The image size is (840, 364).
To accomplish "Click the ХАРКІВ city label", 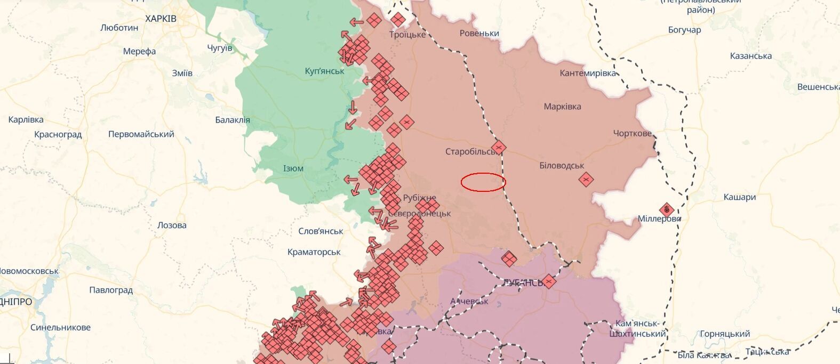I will coord(161,19).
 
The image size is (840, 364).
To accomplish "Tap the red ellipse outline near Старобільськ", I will coord(483,182).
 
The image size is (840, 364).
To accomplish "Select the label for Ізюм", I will coord(293,168).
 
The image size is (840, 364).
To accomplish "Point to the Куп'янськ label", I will coord(324,71).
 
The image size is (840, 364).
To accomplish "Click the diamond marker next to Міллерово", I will coord(666,210).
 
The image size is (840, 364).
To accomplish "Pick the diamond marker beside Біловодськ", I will coord(586,180).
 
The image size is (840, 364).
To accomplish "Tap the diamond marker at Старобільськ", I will coord(499,148).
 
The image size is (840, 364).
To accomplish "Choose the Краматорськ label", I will coord(314,252).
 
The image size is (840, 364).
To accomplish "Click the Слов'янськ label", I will coord(321,231).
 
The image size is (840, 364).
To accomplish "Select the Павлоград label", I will coord(111,290).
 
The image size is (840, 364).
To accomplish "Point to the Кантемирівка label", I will coord(587,74).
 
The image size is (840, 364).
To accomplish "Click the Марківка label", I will coord(562,107).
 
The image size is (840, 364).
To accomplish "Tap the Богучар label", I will coord(684,30).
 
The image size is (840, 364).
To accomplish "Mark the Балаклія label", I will coord(233,120).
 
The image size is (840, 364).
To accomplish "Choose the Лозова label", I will coord(172,225).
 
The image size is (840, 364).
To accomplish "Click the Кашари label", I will coord(739,197).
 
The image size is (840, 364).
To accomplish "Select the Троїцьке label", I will coord(407,35).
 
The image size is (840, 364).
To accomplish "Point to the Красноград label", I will coord(58,134).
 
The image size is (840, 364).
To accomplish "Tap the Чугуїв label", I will coord(220,48).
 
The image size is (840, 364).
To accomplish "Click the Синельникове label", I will coord(60,328).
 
